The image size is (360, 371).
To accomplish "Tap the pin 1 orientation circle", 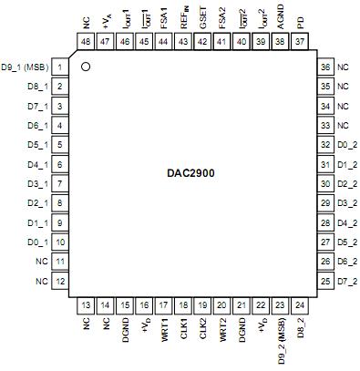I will pyautogui.click(x=86, y=67).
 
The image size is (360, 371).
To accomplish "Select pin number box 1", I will pyautogui.click(x=59, y=67).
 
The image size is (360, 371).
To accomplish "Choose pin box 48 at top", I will pyautogui.click(x=86, y=42).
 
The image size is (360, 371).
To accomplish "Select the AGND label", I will pyautogui.click(x=282, y=15).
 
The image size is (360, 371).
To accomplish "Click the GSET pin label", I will pyautogui.click(x=203, y=15).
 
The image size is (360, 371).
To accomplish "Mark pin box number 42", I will pyautogui.click(x=203, y=42).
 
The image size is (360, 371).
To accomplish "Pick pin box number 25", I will pyautogui.click(x=326, y=281).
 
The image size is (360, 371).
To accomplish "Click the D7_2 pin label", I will pyautogui.click(x=345, y=281).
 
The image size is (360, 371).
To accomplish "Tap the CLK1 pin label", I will pyautogui.click(x=184, y=329).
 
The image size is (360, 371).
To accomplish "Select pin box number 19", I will pyautogui.click(x=203, y=305).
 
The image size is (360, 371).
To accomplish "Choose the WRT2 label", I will pyautogui.click(x=223, y=330).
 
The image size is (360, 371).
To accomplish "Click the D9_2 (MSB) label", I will pyautogui.click(x=282, y=342).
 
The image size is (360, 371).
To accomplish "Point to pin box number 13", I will pyautogui.click(x=86, y=305).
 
